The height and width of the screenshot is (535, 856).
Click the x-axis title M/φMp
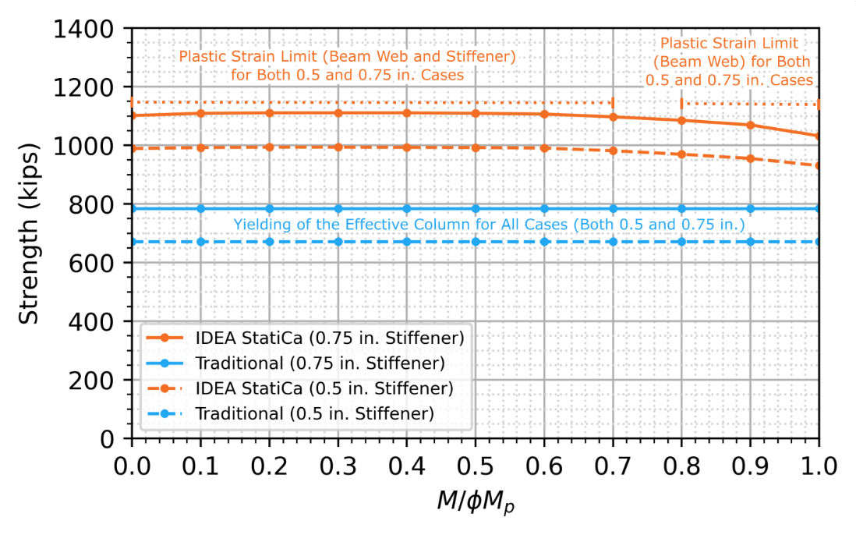coord(475,503)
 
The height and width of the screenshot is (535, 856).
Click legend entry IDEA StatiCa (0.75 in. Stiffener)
coord(331,338)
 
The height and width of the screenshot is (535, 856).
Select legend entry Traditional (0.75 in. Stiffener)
coord(320,363)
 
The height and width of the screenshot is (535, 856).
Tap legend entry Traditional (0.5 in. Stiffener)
coord(314,413)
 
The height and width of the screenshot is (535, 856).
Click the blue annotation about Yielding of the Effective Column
coord(490,225)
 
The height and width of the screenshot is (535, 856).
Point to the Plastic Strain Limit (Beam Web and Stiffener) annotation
coord(347,66)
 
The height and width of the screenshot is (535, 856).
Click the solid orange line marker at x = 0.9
coord(750,125)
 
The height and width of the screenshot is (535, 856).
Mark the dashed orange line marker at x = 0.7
coord(613,151)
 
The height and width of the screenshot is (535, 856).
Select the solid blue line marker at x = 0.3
coord(338,208)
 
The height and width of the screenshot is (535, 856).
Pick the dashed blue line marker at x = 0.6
coord(544,242)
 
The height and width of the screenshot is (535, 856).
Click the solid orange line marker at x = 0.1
coord(200,113)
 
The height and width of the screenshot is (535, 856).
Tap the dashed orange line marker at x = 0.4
coord(407,147)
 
